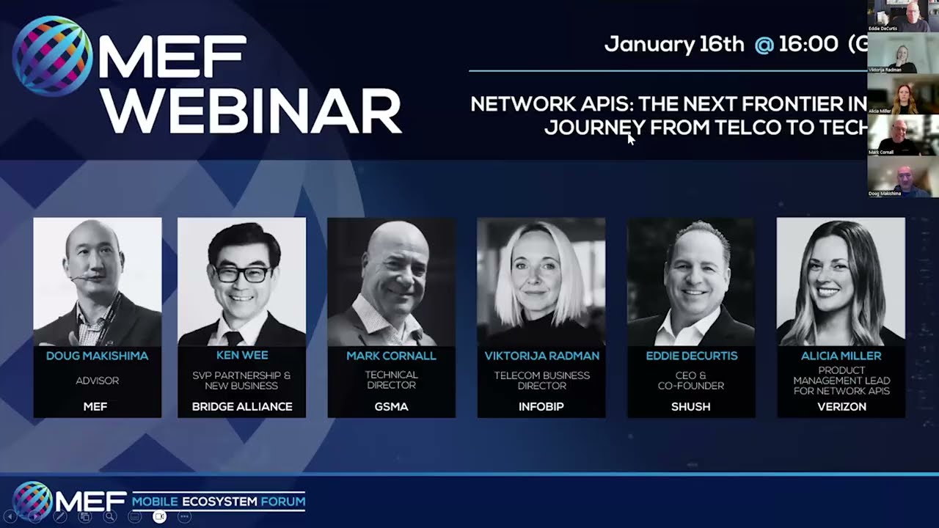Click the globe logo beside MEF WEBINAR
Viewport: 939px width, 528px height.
(x=52, y=56)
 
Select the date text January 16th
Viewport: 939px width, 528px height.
(x=673, y=44)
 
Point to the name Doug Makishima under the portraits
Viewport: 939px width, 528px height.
(x=97, y=356)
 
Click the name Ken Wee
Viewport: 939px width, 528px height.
(x=242, y=356)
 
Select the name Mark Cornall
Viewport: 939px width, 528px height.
(x=391, y=356)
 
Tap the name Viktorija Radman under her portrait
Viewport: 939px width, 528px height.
(x=541, y=356)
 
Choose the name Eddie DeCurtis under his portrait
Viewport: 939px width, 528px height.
(x=691, y=356)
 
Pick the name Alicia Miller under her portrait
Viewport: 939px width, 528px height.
(x=841, y=356)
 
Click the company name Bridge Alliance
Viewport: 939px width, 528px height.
(x=242, y=406)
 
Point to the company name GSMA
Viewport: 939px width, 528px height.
(x=391, y=406)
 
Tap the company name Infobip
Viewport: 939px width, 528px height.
(x=541, y=406)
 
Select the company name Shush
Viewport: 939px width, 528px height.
(x=691, y=406)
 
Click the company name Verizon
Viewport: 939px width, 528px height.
(x=841, y=406)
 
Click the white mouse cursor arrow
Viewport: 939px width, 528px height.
(x=630, y=139)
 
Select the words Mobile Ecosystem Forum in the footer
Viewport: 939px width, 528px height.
(x=219, y=502)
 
